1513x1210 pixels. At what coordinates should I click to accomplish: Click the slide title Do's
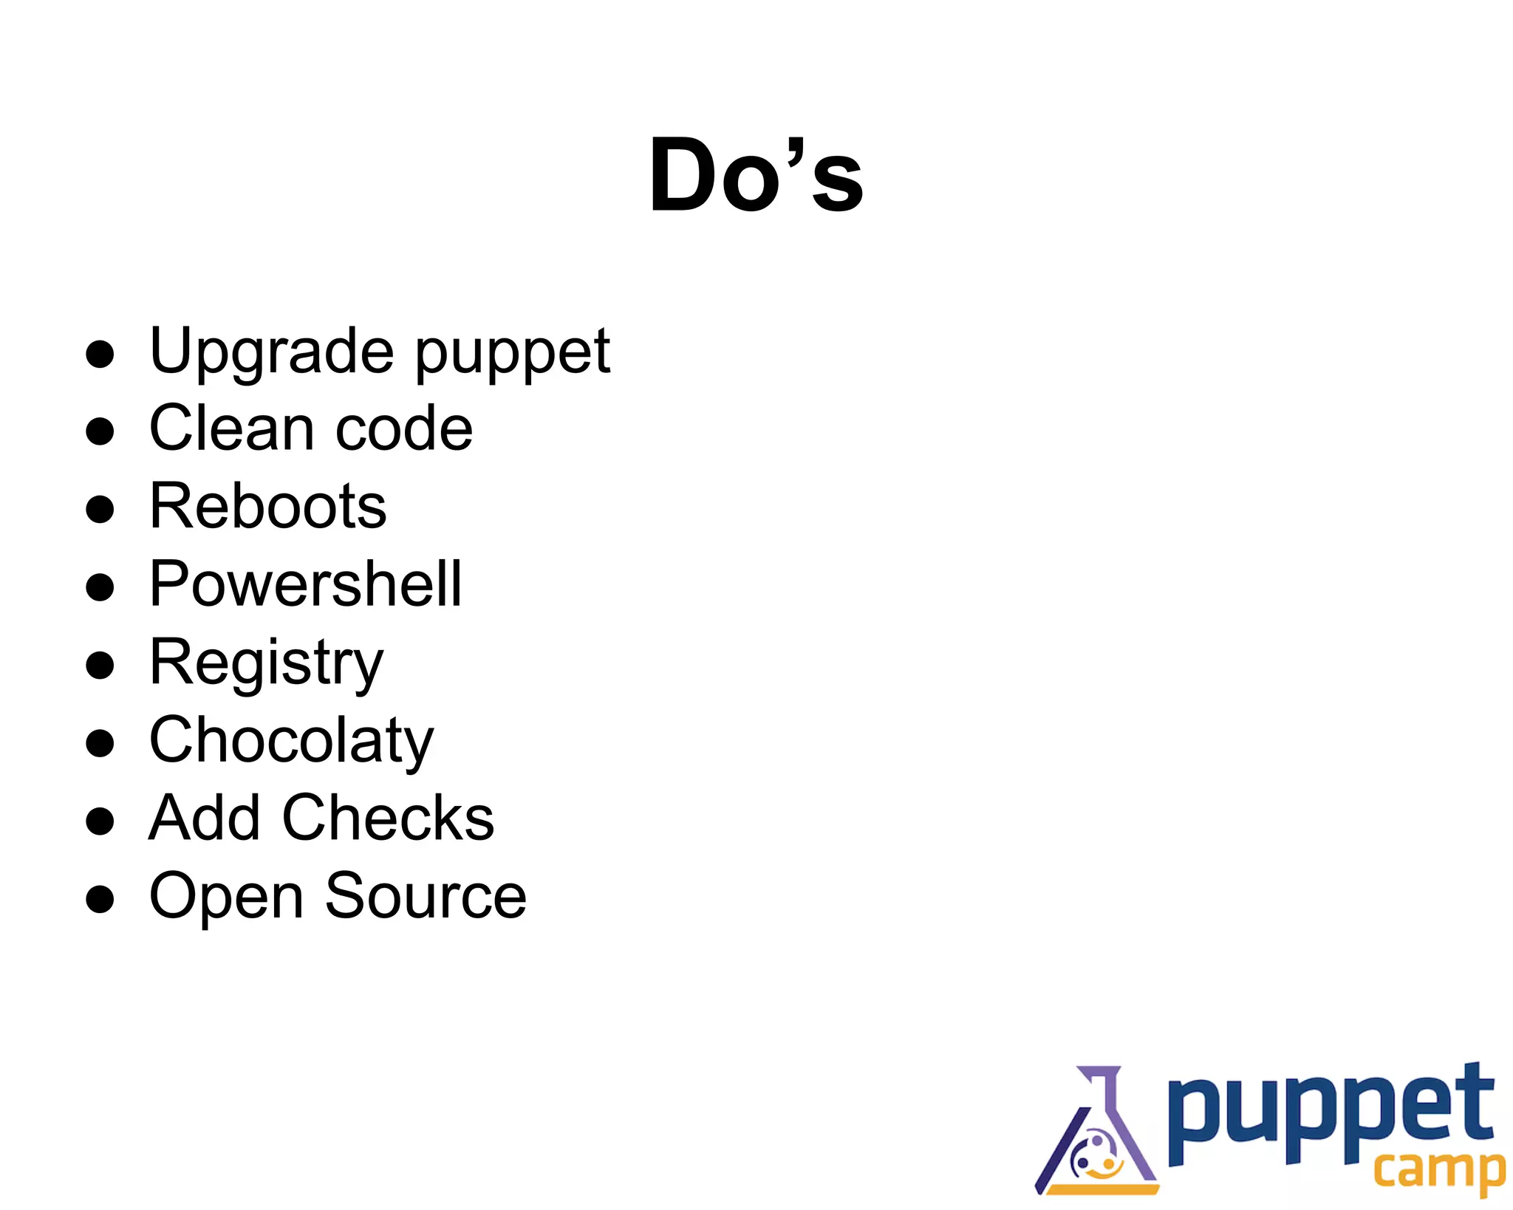tap(756, 176)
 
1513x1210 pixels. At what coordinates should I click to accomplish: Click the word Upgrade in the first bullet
tap(271, 352)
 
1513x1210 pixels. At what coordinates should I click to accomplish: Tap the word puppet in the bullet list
tap(513, 354)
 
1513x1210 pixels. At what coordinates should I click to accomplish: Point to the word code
tap(404, 429)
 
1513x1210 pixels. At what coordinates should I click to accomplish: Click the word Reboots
tap(267, 507)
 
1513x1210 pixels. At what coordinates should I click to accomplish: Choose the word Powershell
tap(305, 584)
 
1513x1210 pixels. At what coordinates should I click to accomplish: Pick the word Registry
tap(266, 663)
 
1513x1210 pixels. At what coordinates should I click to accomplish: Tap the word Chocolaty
tap(291, 741)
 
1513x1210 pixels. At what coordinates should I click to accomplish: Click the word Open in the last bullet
tap(226, 897)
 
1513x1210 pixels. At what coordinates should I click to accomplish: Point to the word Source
tap(426, 896)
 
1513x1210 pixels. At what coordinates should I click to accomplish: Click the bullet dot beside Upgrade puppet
tap(100, 354)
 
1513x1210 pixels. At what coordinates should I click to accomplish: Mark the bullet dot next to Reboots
tap(100, 509)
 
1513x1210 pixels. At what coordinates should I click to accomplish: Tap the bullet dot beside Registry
tap(100, 664)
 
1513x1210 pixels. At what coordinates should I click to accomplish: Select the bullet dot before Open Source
tap(100, 898)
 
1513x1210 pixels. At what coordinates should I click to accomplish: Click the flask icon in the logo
tap(1097, 1134)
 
